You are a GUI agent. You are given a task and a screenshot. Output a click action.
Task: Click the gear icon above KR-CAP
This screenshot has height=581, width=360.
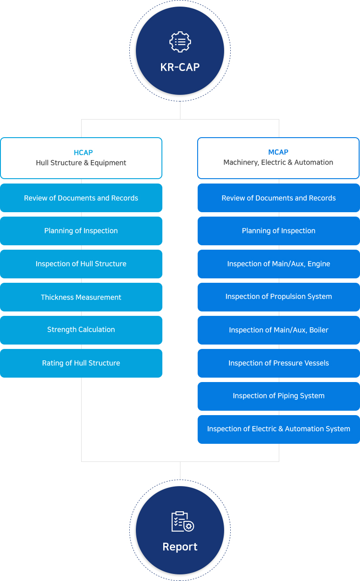pos(180,42)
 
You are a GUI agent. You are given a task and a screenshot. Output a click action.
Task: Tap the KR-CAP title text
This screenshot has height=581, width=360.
pos(180,67)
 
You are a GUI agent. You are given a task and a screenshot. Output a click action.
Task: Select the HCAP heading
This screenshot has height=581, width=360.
pos(83,153)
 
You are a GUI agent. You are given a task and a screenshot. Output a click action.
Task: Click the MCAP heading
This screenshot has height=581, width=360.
pos(278,152)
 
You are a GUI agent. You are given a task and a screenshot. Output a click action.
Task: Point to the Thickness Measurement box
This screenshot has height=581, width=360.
pos(81,297)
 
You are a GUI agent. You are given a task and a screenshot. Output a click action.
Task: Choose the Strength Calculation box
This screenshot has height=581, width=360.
pos(81,330)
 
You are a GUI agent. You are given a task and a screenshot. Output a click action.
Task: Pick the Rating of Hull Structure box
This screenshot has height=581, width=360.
pos(81,363)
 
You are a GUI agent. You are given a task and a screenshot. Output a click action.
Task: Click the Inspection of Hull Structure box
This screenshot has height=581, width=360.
pos(81,264)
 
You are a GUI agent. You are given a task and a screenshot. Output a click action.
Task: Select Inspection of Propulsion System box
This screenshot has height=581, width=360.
pos(278,297)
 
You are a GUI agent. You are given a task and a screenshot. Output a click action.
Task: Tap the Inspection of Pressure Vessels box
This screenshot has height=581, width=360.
pos(278,363)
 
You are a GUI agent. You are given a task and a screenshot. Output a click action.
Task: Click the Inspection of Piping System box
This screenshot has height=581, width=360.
pos(278,396)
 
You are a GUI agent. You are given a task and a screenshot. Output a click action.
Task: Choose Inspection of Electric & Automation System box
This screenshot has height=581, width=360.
pos(278,429)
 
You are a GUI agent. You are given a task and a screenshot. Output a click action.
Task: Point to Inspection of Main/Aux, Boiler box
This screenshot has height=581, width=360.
pos(278,330)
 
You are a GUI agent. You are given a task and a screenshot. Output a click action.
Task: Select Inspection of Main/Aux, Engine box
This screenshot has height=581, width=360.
pos(278,264)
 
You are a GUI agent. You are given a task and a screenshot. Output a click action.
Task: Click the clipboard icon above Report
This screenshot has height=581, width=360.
pos(183,521)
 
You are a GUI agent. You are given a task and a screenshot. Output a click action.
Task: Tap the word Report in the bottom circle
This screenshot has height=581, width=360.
pos(180,547)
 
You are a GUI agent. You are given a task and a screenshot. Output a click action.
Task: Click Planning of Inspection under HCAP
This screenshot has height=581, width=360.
pos(81,231)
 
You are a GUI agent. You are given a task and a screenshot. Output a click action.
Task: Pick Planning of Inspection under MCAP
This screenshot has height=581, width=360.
pos(278,231)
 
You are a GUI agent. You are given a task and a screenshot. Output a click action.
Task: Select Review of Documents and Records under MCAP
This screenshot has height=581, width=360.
pos(278,198)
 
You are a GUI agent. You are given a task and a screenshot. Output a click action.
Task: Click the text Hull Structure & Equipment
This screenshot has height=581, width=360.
pos(81,163)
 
